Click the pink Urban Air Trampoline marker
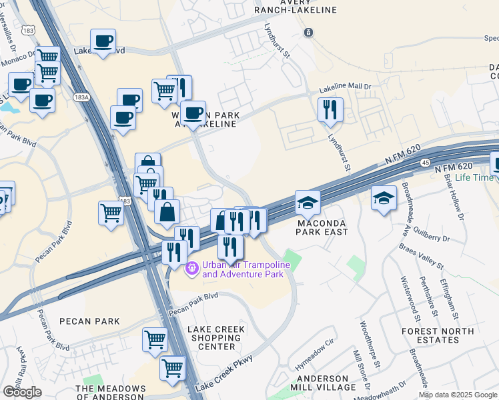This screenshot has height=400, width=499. click(x=192, y=269)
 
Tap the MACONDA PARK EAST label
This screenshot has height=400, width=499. click(x=323, y=227)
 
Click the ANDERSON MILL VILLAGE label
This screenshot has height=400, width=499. click(x=327, y=383)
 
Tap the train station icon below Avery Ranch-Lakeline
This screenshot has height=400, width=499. click(x=308, y=32)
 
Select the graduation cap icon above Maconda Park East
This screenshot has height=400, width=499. click(x=308, y=201)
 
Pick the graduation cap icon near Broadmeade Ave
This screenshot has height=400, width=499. click(x=384, y=197)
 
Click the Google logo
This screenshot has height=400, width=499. click(x=23, y=392)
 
